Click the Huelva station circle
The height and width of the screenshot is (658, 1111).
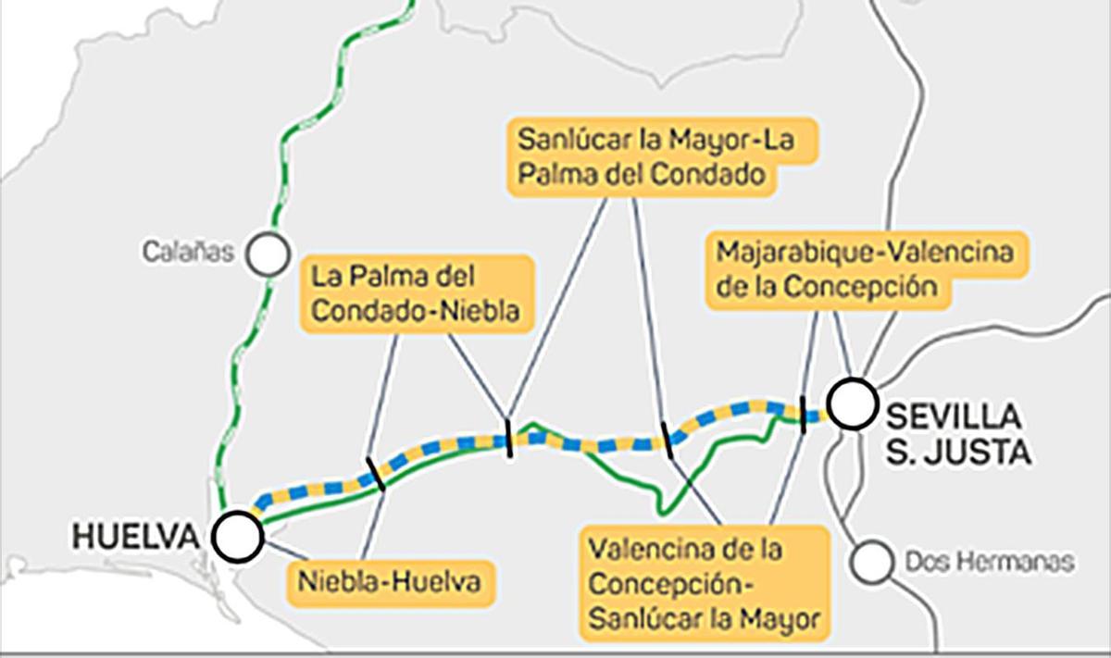pyautogui.click(x=237, y=537)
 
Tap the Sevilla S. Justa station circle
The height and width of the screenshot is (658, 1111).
pyautogui.click(x=852, y=404)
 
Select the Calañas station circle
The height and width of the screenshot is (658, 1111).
pyautogui.click(x=268, y=253)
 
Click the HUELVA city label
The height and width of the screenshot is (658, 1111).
pyautogui.click(x=135, y=536)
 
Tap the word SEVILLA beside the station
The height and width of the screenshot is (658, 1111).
pyautogui.click(x=954, y=416)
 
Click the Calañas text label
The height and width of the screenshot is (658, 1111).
pyautogui.click(x=187, y=252)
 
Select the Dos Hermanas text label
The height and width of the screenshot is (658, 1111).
pyautogui.click(x=990, y=562)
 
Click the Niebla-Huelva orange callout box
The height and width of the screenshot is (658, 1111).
pyautogui.click(x=389, y=583)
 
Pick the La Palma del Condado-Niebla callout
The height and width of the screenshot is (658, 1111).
pyautogui.click(x=418, y=293)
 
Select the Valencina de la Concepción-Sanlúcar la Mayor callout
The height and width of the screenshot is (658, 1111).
pyautogui.click(x=704, y=584)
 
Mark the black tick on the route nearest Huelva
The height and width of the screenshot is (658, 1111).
pyautogui.click(x=376, y=473)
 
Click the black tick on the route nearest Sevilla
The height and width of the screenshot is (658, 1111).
pyautogui.click(x=802, y=414)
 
